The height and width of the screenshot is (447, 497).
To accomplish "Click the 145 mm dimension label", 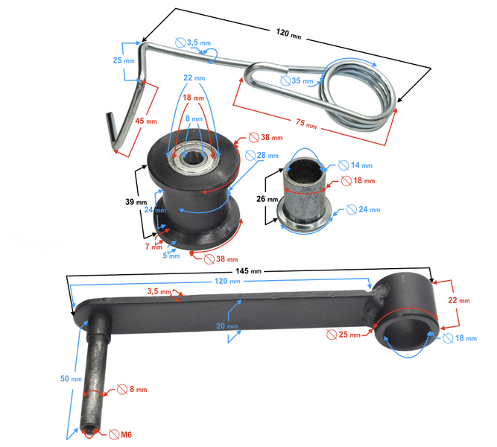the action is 249,271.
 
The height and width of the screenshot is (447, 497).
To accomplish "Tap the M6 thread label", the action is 126,434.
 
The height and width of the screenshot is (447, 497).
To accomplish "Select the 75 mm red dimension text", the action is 306,124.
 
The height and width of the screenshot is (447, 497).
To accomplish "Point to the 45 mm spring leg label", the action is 146,121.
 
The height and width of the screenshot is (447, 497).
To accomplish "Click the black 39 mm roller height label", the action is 136,202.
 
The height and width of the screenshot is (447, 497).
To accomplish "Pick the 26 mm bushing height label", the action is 268,199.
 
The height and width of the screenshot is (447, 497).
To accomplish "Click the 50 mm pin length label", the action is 71,378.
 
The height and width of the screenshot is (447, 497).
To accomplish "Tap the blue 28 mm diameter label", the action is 268,156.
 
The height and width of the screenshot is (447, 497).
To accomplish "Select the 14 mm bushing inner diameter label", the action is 361,165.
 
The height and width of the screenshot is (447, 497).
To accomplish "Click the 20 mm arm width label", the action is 227,326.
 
